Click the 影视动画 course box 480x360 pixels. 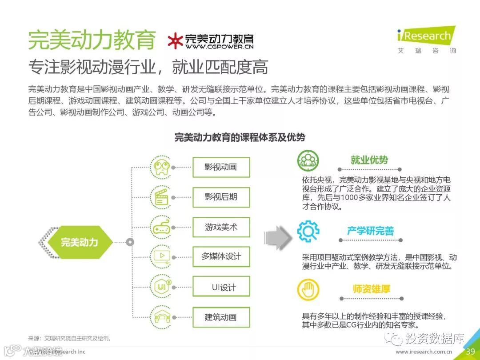click(221, 167)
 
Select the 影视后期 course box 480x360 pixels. click(221, 197)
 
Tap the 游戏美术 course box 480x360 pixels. click(221, 227)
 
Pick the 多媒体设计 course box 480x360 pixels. click(221, 256)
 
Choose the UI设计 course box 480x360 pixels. click(221, 287)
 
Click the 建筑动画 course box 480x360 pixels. click(221, 317)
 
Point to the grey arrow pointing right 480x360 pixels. click(278, 238)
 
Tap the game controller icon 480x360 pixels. click(160, 227)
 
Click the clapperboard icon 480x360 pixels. click(160, 197)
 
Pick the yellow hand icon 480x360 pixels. click(308, 290)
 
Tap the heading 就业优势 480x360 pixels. click(369, 160)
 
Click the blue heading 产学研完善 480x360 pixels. click(370, 231)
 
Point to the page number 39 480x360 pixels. click(470, 352)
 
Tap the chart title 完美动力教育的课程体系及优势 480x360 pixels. click(240, 137)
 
